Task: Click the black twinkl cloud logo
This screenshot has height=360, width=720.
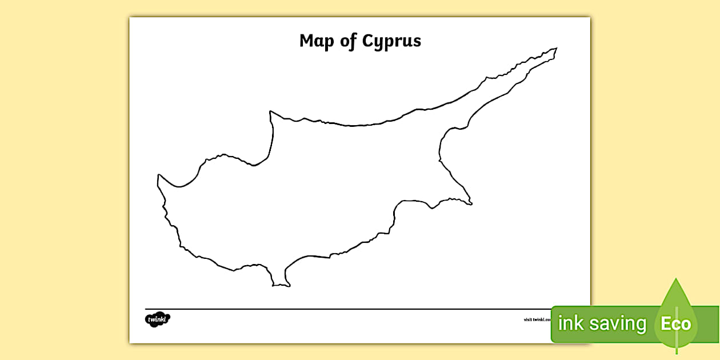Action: point(158,319)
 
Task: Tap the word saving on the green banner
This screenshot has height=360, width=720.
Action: point(619,324)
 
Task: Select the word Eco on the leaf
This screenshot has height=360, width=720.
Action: point(676,324)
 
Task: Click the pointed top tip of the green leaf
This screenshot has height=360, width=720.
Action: point(676,279)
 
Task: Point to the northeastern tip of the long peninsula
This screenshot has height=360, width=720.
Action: point(556,49)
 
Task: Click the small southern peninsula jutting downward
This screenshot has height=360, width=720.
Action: point(279,280)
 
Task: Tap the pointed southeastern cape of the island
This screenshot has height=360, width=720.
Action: point(471,203)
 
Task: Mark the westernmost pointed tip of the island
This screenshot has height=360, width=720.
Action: point(158,176)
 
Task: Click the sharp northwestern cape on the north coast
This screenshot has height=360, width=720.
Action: point(271,112)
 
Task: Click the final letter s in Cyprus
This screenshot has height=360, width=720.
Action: point(417,42)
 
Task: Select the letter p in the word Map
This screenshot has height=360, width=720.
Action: point(327,43)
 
